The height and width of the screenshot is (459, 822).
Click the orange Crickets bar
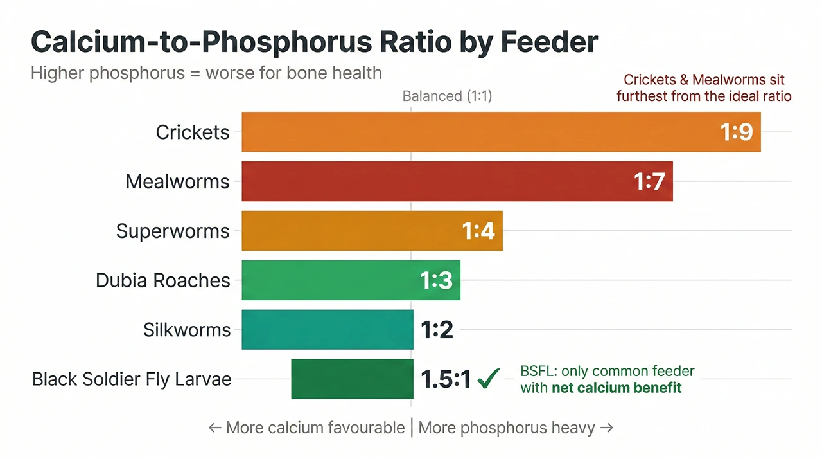point(475,132)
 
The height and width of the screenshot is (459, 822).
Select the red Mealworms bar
point(437,181)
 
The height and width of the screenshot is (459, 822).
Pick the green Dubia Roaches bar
point(328,280)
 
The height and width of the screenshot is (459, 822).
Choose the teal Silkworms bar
point(328,330)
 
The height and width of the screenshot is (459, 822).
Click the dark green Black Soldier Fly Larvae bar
point(352,379)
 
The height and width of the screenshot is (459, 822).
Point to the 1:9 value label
point(736,132)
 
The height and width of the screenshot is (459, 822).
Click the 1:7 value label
point(649,182)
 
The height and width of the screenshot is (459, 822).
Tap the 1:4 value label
point(478,231)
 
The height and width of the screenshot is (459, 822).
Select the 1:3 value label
point(437,281)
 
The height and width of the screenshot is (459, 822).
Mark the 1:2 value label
point(437,330)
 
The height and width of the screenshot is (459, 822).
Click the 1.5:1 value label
point(446,380)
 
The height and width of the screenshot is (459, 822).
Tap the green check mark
point(489,379)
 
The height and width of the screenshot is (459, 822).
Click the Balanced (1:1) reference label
point(447,96)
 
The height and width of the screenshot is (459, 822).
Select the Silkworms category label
point(187,330)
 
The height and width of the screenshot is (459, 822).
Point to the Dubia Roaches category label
point(162,280)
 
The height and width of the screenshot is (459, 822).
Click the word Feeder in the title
point(548,42)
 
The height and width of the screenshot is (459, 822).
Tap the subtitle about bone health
point(206,73)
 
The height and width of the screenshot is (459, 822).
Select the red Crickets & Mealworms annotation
point(704,88)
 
